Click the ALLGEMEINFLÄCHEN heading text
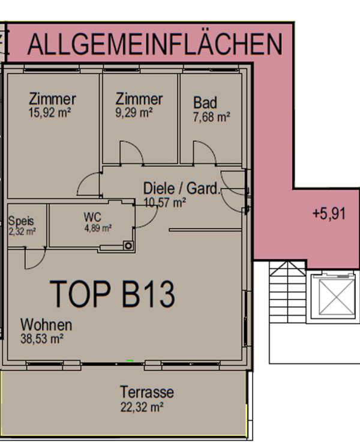(155, 44)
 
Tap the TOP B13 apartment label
(112, 294)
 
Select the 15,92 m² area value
(50, 113)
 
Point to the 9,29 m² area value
(134, 113)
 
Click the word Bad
(205, 103)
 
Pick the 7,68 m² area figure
(211, 117)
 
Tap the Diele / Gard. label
(182, 188)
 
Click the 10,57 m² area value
(164, 202)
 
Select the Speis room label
(21, 221)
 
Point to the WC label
(92, 217)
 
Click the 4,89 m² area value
(98, 228)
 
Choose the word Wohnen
(46, 325)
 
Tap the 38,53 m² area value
(41, 339)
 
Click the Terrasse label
(147, 392)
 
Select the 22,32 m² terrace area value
(142, 407)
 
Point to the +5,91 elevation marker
(329, 213)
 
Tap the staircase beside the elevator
(287, 292)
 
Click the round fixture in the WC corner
(128, 246)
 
